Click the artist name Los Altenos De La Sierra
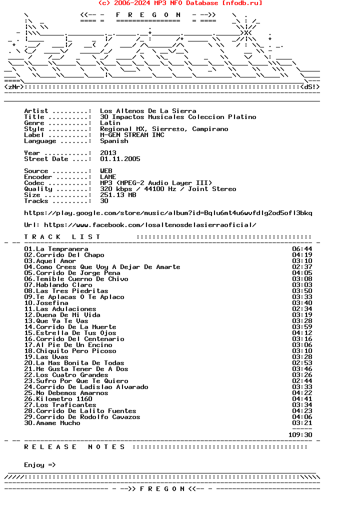(x=148, y=111)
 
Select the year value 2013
(x=108, y=153)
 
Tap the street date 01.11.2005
(x=120, y=159)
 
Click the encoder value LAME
(x=108, y=177)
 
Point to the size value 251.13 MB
(x=118, y=195)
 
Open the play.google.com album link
(x=168, y=213)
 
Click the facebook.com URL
(x=150, y=225)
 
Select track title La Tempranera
(x=62, y=249)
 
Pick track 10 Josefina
(x=52, y=303)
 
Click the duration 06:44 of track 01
(x=302, y=249)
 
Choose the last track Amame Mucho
(x=58, y=423)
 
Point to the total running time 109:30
(x=300, y=435)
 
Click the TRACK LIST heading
(x=62, y=237)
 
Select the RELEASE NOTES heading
(x=75, y=447)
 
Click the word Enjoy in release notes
(x=34, y=465)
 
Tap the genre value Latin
(x=110, y=123)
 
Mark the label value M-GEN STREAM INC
(x=132, y=135)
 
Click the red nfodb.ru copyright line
(x=180, y=3)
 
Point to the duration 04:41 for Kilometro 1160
(x=302, y=399)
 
